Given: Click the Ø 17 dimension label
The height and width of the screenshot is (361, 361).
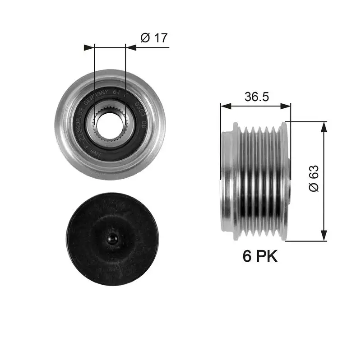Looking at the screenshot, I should pyautogui.click(x=154, y=37).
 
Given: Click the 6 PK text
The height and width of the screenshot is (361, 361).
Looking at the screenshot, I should pyautogui.click(x=260, y=256).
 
